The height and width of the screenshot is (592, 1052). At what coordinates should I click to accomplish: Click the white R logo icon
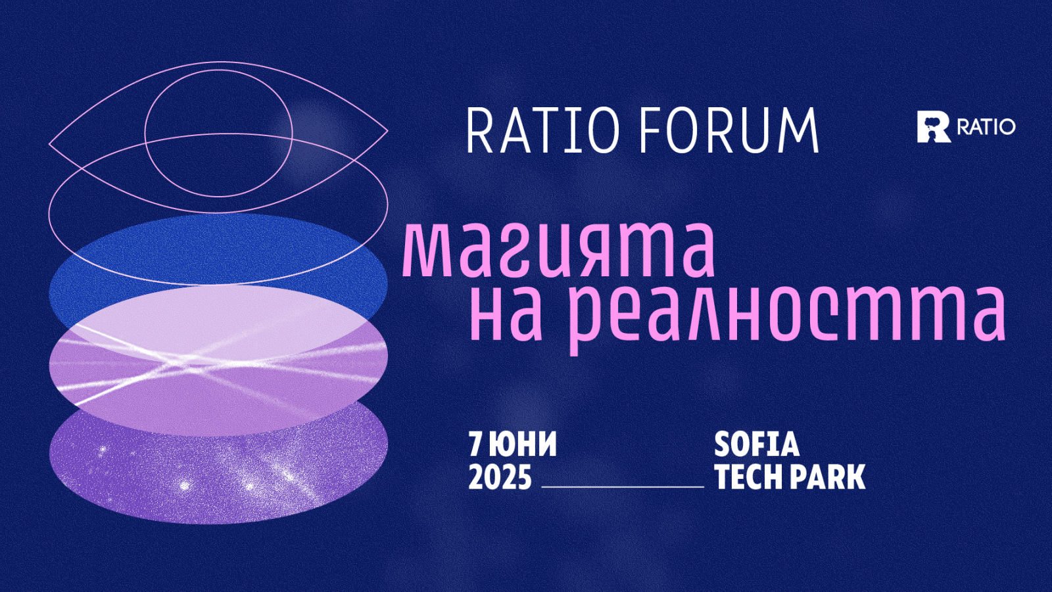point(933,127)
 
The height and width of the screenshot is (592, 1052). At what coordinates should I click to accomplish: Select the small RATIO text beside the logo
point(986,127)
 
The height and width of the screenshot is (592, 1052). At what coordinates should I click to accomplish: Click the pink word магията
point(559,251)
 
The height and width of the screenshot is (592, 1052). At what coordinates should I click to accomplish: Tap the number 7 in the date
point(476,444)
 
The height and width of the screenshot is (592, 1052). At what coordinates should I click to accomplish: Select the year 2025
point(500,478)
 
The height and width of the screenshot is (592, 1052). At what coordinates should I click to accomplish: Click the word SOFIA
point(757,444)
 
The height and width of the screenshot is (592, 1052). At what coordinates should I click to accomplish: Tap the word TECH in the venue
point(749,478)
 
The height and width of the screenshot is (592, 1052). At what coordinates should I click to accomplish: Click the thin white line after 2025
point(623,487)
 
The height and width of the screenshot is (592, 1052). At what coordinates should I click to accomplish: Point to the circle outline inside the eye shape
point(145,133)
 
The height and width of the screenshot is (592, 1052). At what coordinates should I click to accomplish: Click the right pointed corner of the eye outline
point(387,131)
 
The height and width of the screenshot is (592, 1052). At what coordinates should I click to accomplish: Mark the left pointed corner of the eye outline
point(49,142)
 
